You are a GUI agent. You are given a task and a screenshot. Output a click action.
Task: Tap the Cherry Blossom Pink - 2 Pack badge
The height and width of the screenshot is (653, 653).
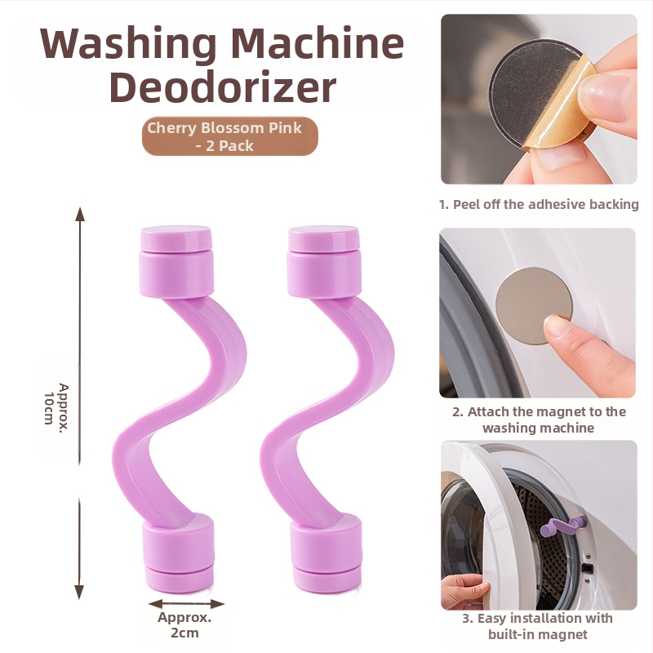pyautogui.click(x=230, y=136)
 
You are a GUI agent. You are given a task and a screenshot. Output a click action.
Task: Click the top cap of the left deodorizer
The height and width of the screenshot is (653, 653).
pyautogui.click(x=176, y=261)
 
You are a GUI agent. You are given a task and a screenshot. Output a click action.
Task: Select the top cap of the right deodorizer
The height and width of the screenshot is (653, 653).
pyautogui.click(x=323, y=261)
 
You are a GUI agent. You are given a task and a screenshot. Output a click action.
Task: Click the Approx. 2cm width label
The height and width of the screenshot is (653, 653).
pyautogui.click(x=184, y=624)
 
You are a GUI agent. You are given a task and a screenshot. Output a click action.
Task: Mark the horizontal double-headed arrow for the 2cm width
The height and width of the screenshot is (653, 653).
pyautogui.click(x=186, y=603)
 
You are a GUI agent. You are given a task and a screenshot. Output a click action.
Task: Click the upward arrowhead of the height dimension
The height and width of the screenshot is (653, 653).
pyautogui.click(x=79, y=214)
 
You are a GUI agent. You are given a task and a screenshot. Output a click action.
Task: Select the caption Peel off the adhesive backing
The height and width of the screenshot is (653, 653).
pyautogui.click(x=539, y=205)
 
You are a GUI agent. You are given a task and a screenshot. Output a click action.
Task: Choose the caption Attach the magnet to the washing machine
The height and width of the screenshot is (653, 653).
pyautogui.click(x=539, y=420)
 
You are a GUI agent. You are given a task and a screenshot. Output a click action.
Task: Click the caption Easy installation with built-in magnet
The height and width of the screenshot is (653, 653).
pyautogui.click(x=538, y=626)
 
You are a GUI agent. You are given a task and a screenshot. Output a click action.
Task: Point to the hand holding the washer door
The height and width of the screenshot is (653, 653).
pyautogui.click(x=464, y=590)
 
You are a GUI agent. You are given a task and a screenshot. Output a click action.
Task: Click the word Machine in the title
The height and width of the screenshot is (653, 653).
pyautogui.click(x=317, y=44)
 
